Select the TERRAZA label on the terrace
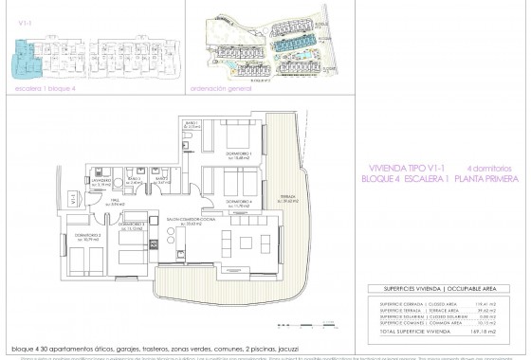289,200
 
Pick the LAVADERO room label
103,179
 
